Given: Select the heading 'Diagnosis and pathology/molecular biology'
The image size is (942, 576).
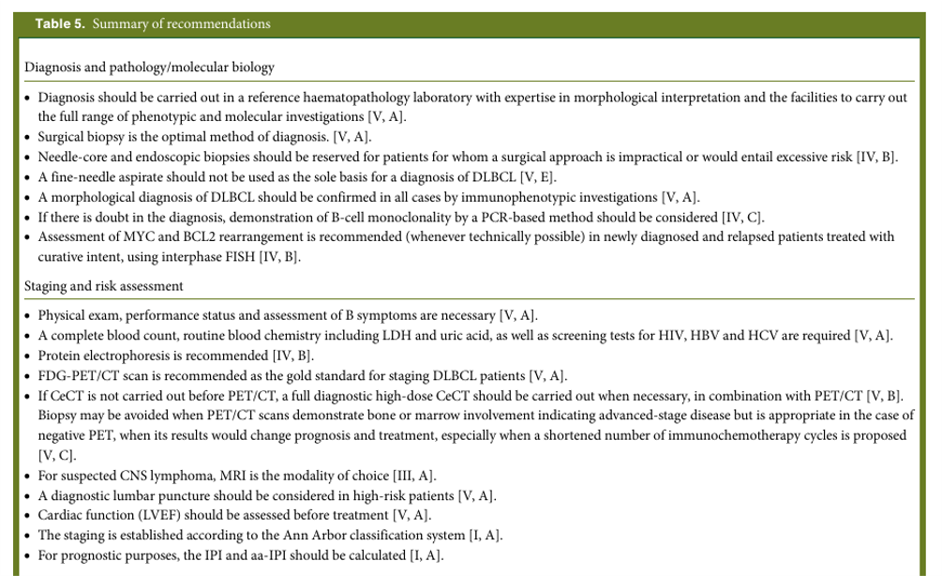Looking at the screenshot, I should point(149,68).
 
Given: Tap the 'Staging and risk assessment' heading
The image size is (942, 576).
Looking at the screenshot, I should point(104,285).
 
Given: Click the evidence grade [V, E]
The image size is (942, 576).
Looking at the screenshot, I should point(524,176).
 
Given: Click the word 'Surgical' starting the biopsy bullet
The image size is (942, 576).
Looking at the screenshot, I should point(63,136).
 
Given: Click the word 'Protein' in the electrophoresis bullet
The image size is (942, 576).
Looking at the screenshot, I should point(60,356).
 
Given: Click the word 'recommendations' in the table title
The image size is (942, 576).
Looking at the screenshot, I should point(218,23).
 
